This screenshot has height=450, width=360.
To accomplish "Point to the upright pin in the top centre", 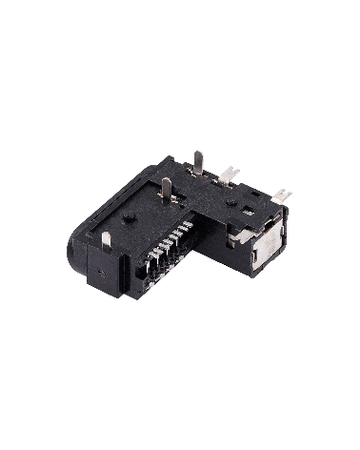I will pos(166,189).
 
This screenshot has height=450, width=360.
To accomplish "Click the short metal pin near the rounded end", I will pos(107,238).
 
